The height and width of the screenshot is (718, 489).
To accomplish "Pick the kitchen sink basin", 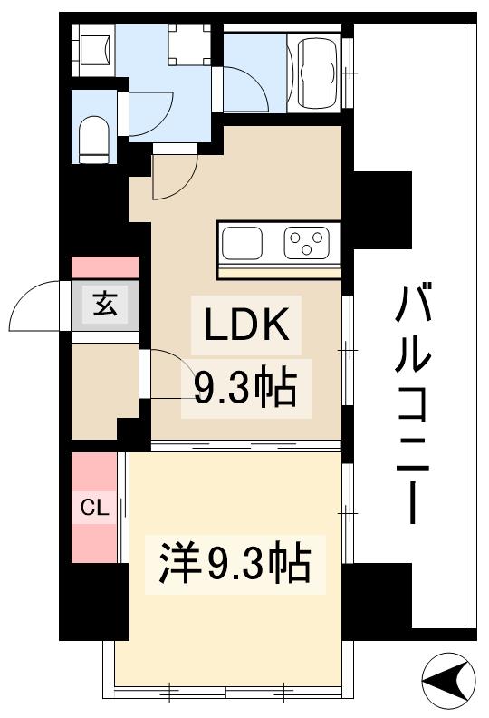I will coord(243,243).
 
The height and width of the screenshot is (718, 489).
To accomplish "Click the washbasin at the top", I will coord(94,48).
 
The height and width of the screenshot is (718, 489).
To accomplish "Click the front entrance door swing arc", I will coord(36,308).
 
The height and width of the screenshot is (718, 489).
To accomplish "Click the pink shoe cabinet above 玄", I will coord(105,267).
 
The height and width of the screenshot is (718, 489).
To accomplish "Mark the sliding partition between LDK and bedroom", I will coord(244,445).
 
